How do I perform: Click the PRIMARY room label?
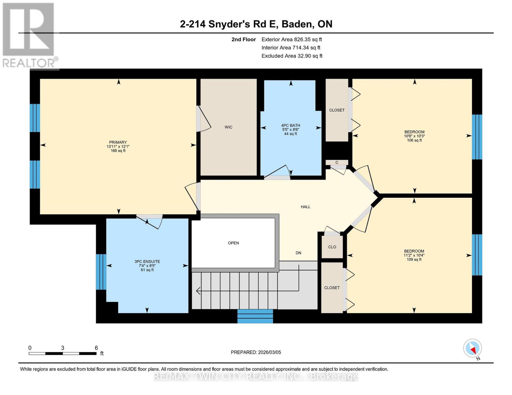pyautogui.click(x=118, y=143)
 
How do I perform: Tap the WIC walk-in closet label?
pyautogui.click(x=228, y=127)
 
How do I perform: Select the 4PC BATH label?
pyautogui.click(x=290, y=125)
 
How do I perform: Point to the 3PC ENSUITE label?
pyautogui.click(x=147, y=262)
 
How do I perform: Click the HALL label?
pyautogui.click(x=305, y=207)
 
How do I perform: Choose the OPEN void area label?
pyautogui.click(x=233, y=243)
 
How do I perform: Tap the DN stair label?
pyautogui.click(x=298, y=253)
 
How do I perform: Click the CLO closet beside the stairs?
pyautogui.click(x=332, y=247)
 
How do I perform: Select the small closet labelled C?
pyautogui.click(x=337, y=162)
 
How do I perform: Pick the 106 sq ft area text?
pyautogui.click(x=414, y=140)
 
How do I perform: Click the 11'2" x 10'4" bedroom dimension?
pyautogui.click(x=414, y=255)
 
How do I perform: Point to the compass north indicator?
pyautogui.click(x=473, y=348)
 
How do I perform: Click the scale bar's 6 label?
pyautogui.click(x=96, y=348)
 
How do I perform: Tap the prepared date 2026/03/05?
pyautogui.click(x=269, y=352)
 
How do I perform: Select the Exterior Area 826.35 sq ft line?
pyautogui.click(x=291, y=39)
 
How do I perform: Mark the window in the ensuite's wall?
pyautogui.click(x=101, y=272)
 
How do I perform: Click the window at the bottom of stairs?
pyautogui.click(x=255, y=316)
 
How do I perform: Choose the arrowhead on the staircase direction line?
pyautogui.click(x=198, y=291)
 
